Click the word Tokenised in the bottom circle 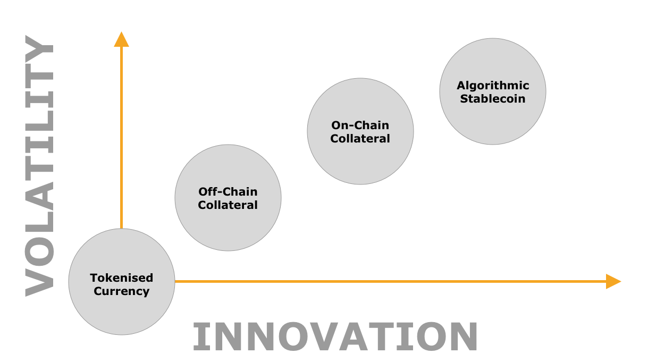pos(122,277)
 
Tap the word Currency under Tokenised pos(122,291)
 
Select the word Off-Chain pos(228,191)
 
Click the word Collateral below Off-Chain pos(228,205)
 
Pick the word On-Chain pos(360,125)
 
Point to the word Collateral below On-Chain pos(360,139)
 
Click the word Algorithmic pos(493,86)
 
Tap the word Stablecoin pos(493,99)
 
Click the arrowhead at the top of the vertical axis pos(121,39)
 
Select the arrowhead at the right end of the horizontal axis pos(613,281)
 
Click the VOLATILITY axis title pos(39,166)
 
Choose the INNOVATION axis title pos(335,336)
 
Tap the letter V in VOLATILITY pos(39,283)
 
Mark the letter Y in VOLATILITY pos(39,48)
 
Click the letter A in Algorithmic pos(461,85)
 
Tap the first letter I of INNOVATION pos(202,336)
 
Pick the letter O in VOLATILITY pos(39,251)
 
